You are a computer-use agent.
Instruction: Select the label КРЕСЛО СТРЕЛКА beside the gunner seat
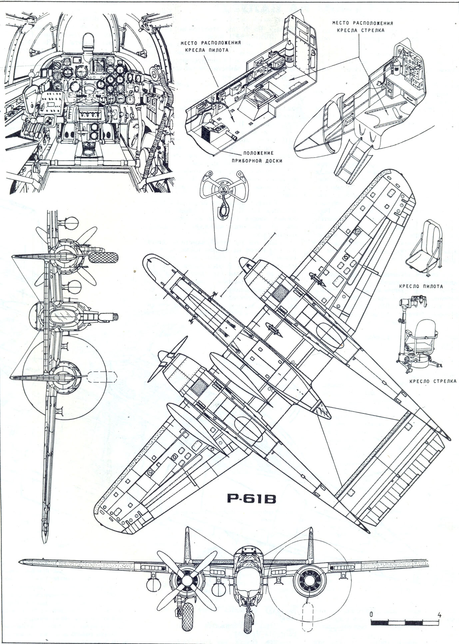point(433,381)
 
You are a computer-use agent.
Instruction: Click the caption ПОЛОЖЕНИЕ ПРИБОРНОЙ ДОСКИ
point(257,157)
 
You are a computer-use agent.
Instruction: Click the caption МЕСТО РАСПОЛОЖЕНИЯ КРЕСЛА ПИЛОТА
point(211,47)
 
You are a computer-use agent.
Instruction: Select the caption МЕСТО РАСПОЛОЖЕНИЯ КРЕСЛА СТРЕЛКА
point(362,27)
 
